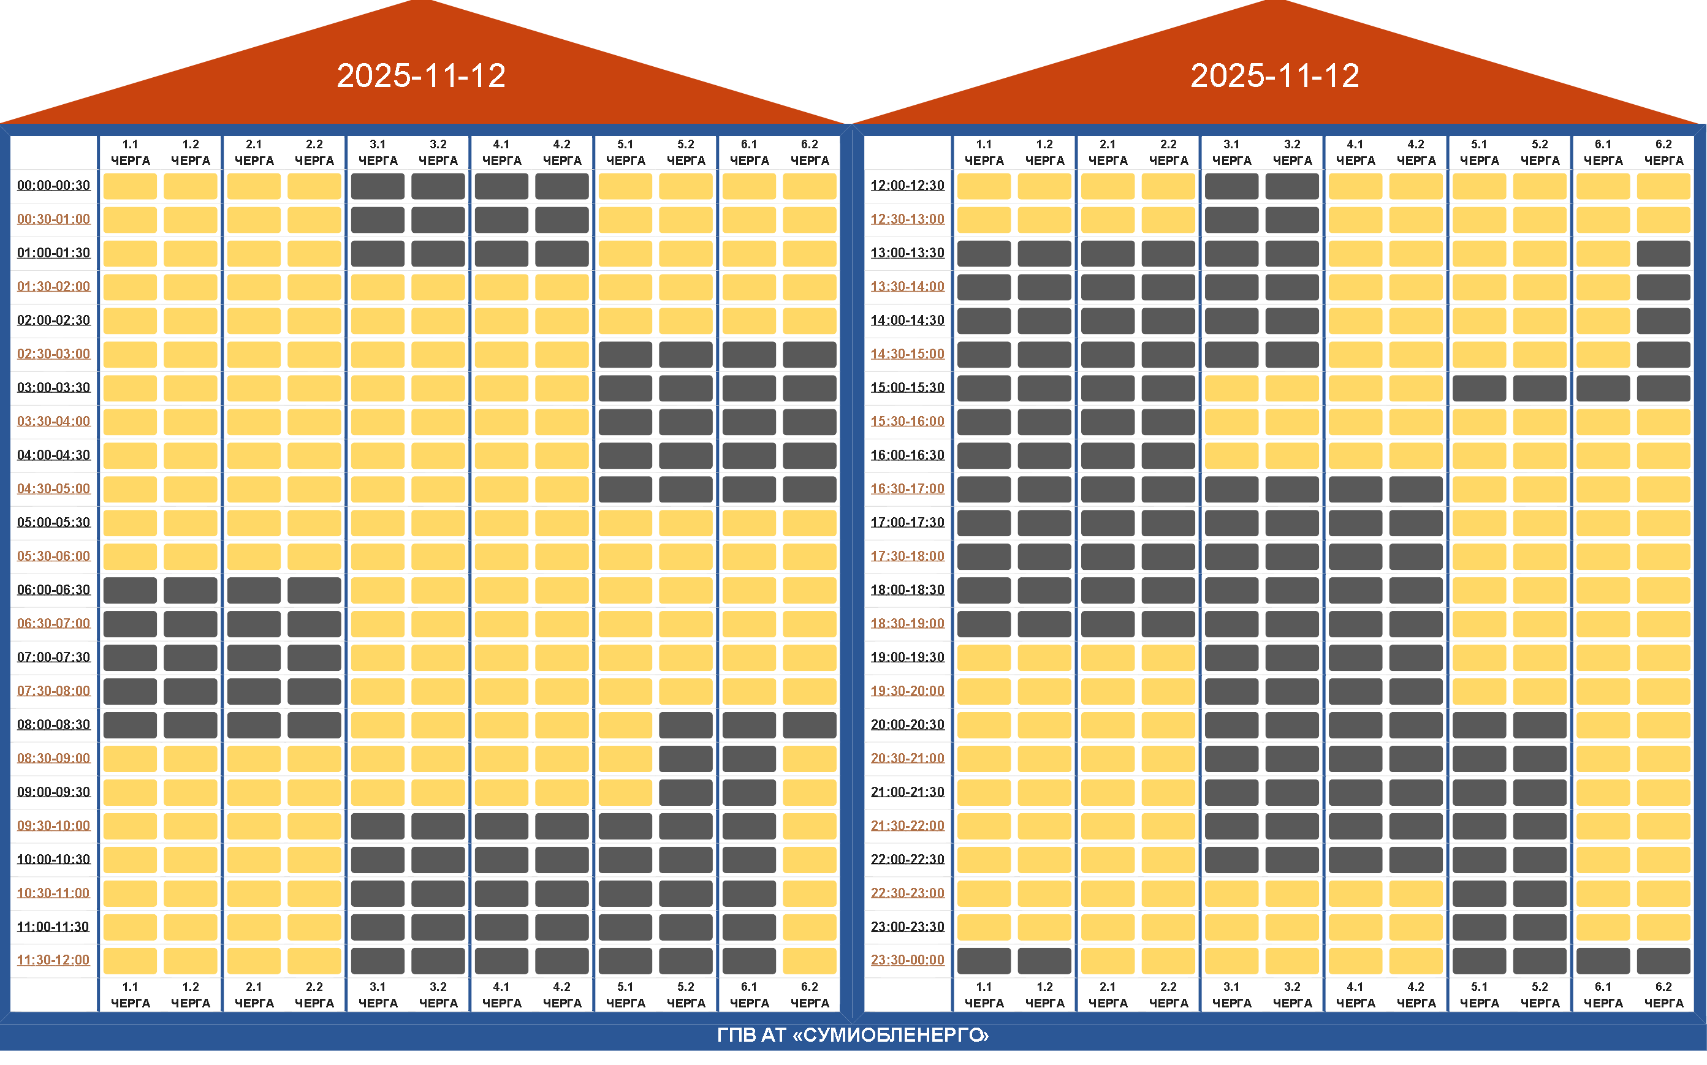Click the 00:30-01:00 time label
(x=53, y=219)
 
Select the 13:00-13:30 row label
(x=907, y=253)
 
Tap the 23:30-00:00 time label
(x=907, y=960)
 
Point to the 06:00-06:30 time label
(x=53, y=589)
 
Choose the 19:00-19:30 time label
(x=907, y=657)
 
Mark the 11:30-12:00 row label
(x=53, y=960)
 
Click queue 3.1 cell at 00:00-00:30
(x=378, y=186)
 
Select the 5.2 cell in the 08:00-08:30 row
(x=685, y=725)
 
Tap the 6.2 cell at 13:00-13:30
(x=1663, y=254)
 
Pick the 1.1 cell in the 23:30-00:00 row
(x=984, y=961)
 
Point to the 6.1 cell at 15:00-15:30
(x=1603, y=388)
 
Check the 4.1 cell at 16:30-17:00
(x=1355, y=489)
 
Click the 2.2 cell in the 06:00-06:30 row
(x=314, y=590)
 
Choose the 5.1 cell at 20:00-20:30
(x=1479, y=725)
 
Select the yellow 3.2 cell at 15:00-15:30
(x=1292, y=388)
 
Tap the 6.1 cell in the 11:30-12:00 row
(x=749, y=961)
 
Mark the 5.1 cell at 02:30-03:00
(x=625, y=354)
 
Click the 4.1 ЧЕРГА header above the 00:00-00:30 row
(x=501, y=152)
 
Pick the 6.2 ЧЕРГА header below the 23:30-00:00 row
(x=1663, y=995)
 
